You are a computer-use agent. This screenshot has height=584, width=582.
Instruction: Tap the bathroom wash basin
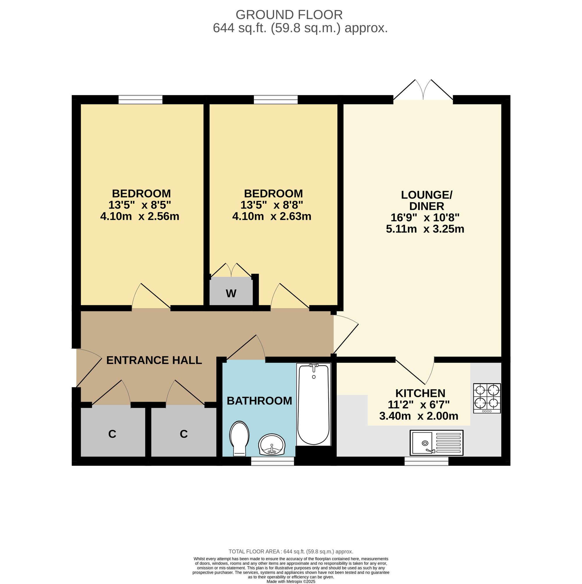(x=272, y=444)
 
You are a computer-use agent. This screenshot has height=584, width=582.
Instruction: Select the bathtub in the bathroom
(x=314, y=404)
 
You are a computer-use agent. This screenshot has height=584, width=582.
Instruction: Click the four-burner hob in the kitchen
(x=487, y=398)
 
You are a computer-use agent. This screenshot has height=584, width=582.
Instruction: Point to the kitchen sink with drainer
(x=436, y=443)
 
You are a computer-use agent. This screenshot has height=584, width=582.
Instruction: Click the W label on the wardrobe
(x=231, y=293)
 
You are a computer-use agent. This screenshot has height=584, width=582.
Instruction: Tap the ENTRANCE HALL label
(x=154, y=360)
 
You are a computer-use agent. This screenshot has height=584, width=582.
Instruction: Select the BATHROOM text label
(x=259, y=401)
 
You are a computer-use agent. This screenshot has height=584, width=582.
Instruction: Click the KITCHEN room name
(x=420, y=393)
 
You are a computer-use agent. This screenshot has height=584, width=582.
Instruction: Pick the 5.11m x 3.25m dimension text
(x=425, y=229)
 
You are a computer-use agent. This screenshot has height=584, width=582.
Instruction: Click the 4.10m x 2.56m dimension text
(x=140, y=216)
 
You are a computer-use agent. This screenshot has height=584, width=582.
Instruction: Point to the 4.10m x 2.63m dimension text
(x=272, y=216)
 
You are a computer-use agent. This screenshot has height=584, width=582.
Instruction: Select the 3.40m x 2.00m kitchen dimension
(x=418, y=416)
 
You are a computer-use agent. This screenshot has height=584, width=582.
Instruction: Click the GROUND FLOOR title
(x=289, y=15)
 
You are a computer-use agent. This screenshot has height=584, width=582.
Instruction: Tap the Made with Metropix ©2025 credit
(x=291, y=581)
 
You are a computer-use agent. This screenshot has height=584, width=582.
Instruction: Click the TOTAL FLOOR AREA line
(x=291, y=560)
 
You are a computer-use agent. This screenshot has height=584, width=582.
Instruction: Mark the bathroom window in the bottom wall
(x=273, y=461)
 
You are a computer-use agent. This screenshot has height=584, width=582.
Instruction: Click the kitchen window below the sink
(x=426, y=461)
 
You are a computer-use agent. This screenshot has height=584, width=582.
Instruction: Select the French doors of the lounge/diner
(x=423, y=90)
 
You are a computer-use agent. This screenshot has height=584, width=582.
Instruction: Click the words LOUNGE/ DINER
(x=426, y=200)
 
